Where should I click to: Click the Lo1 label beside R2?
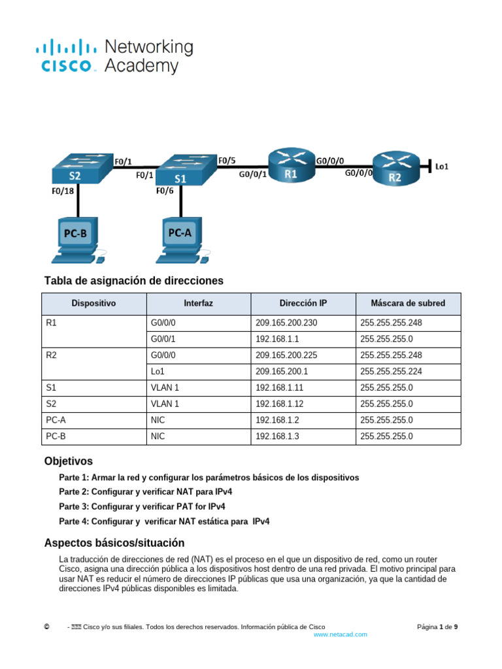click(442, 167)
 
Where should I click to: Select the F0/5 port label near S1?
click(227, 160)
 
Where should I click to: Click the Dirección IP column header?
click(303, 303)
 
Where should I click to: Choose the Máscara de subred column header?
click(408, 303)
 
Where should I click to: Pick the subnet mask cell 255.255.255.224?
click(391, 371)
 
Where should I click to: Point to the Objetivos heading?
click(69, 461)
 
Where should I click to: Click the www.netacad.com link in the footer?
click(341, 634)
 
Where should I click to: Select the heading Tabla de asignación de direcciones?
click(134, 280)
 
